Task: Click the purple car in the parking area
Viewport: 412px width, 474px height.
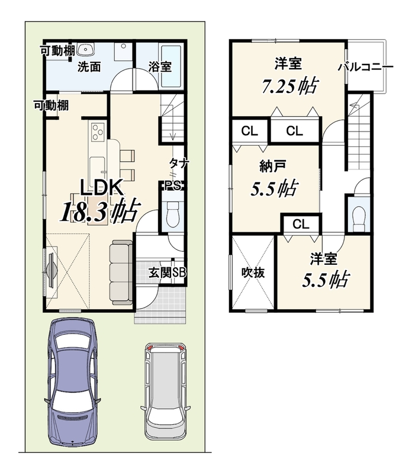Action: pyautogui.click(x=72, y=382)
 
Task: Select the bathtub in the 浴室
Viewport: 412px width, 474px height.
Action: pyautogui.click(x=170, y=66)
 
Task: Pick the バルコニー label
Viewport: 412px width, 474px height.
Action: pyautogui.click(x=365, y=67)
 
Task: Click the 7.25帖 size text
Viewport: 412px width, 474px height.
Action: pyautogui.click(x=289, y=86)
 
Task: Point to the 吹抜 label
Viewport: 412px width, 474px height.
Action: pyautogui.click(x=253, y=273)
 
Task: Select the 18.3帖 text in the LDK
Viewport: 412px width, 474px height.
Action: pyautogui.click(x=101, y=212)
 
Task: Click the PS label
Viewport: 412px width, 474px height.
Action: pyautogui.click(x=173, y=185)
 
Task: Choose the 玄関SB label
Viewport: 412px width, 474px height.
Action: pyautogui.click(x=167, y=273)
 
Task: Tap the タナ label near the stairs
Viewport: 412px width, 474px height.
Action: pyautogui.click(x=179, y=164)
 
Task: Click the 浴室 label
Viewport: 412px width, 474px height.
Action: pyautogui.click(x=160, y=66)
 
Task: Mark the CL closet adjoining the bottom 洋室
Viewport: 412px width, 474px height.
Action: pyautogui.click(x=301, y=225)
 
